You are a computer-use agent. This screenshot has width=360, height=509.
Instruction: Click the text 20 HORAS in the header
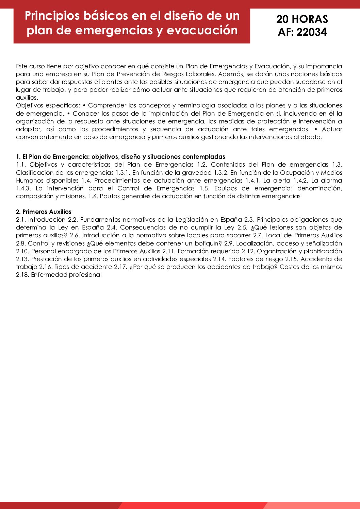(x=302, y=19)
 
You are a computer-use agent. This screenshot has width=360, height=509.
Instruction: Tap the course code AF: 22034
(x=302, y=32)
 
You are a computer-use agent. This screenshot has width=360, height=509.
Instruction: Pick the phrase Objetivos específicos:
(x=48, y=105)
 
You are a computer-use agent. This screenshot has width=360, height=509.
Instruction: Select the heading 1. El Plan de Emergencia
(x=53, y=157)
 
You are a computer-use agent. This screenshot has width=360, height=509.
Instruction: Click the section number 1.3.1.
(x=123, y=172)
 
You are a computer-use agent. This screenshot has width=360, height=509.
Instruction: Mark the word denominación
(x=320, y=188)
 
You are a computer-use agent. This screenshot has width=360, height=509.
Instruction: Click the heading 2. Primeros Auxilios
(x=44, y=212)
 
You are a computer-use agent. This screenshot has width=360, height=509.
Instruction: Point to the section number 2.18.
(x=22, y=275)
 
